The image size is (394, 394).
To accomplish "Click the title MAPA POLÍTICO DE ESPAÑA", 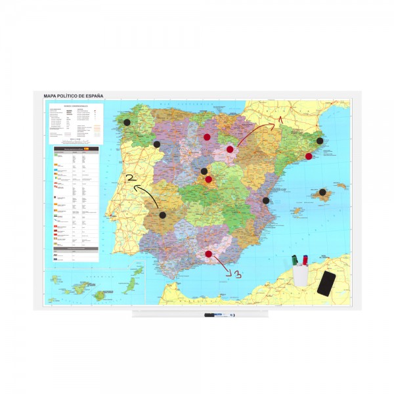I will pos(74,97).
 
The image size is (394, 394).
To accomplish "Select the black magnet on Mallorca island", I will pos(323,192).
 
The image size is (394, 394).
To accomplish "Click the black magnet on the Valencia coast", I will pos(266,200).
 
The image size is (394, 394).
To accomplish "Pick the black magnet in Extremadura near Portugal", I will pos(163,215).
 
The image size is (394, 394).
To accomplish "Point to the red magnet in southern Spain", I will pos(209,253).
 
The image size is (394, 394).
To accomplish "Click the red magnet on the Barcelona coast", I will pos(308,156).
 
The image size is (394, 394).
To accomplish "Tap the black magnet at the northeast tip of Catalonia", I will pos(320,141).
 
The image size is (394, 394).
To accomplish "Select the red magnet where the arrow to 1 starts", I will pos(230,150).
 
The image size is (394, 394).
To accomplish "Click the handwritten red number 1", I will pos(279,120).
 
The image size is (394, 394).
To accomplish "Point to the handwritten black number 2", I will pos(130,178).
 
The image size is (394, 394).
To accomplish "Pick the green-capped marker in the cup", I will pos(294,259).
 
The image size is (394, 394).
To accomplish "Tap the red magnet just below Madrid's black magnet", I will pos(209,179).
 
